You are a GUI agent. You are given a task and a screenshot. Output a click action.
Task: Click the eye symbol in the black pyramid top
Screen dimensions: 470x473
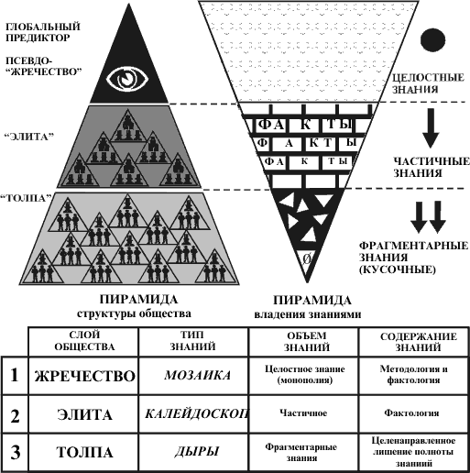coord(127,78)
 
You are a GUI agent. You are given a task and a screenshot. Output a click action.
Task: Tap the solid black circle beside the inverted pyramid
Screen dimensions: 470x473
coord(432,39)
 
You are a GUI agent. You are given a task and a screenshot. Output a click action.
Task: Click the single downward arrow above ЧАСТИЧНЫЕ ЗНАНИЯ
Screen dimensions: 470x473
coord(431,128)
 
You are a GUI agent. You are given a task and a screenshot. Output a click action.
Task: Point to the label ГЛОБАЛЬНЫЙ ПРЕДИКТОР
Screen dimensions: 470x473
coord(43,32)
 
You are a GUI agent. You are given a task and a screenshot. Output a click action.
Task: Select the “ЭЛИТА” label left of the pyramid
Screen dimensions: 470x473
coord(29,137)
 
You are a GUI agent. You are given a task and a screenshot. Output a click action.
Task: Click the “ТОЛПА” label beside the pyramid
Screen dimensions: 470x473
coord(26,198)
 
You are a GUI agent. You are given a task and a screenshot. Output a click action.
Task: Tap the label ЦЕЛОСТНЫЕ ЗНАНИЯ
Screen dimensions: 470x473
coord(428,83)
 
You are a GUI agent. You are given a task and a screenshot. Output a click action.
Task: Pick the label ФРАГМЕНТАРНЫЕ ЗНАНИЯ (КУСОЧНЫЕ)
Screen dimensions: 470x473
coord(413,258)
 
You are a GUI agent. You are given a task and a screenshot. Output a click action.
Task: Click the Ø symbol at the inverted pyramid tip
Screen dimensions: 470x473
coord(307,259)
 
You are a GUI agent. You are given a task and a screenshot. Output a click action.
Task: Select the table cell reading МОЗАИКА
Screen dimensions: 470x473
coord(197,375)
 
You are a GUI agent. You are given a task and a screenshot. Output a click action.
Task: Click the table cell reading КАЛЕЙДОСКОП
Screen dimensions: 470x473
coord(197,413)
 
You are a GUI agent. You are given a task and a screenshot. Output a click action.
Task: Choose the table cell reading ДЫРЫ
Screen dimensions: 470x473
coord(197,452)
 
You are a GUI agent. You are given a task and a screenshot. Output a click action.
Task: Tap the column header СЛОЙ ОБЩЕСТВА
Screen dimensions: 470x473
coord(84,341)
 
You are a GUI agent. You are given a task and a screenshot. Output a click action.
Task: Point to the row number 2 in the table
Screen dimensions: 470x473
coord(15,415)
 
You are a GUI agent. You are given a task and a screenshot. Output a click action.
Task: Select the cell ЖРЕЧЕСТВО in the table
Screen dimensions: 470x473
coord(84,376)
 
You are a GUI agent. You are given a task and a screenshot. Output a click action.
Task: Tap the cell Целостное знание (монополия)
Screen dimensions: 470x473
coord(305,375)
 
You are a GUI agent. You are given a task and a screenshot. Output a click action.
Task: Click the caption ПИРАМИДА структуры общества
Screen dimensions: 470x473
coord(135,306)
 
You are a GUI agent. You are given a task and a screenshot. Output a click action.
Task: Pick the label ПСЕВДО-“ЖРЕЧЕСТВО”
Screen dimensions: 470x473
coord(44,66)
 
